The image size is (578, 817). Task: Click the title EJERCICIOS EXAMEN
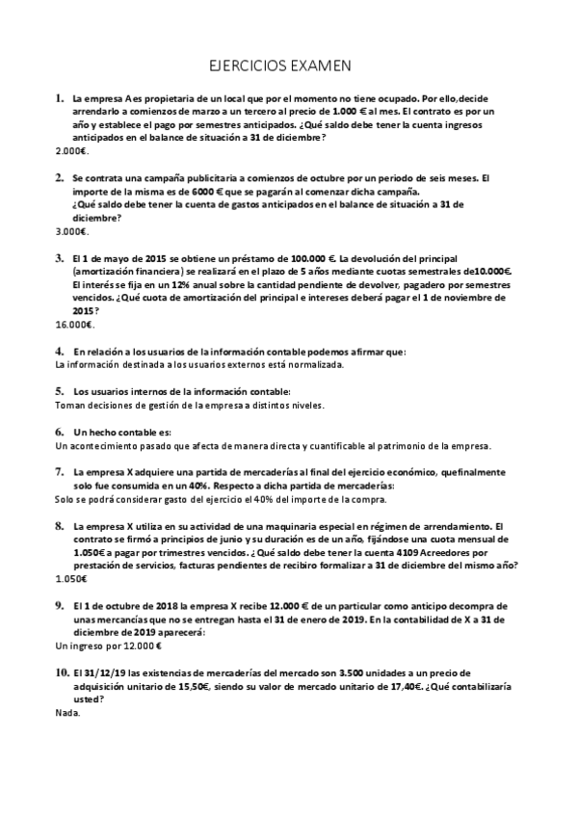click(x=280, y=66)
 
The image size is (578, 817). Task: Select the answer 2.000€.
click(x=72, y=151)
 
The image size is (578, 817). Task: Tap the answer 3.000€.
click(x=72, y=231)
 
